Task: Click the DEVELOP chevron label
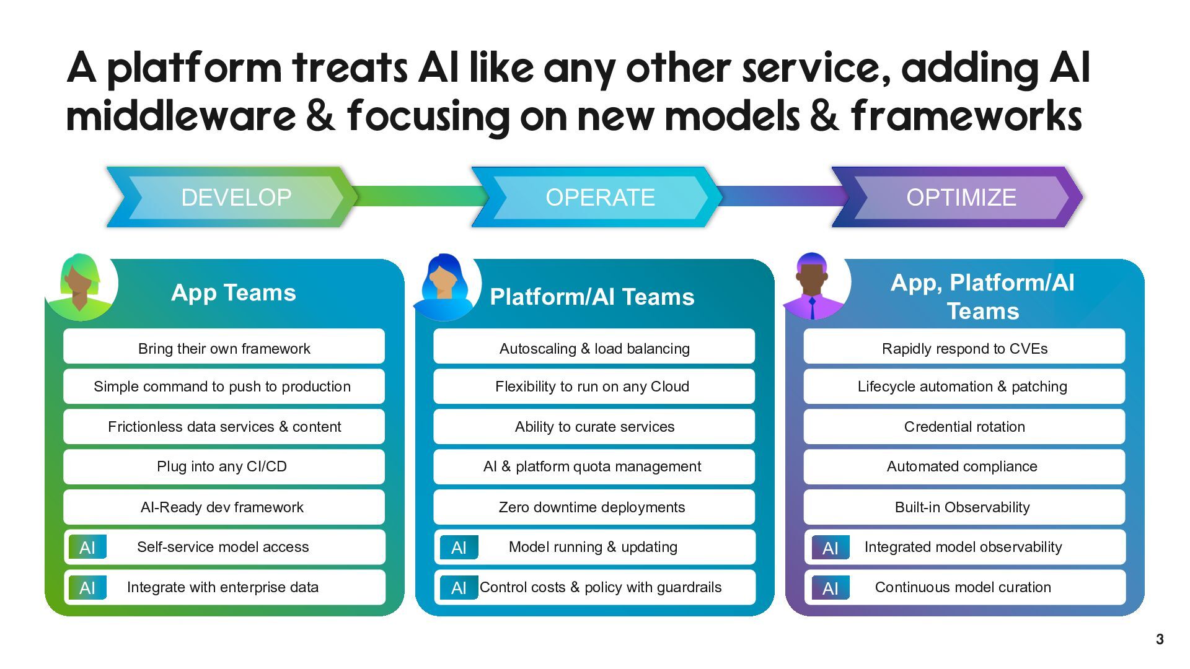(236, 198)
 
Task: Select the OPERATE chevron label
(600, 198)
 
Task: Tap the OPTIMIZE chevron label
(961, 198)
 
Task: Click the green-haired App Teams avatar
(81, 286)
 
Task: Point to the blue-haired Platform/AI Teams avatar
(444, 286)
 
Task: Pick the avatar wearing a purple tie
(813, 286)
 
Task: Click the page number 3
(1160, 639)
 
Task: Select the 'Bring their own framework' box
(224, 348)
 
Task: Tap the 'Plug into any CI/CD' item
(222, 466)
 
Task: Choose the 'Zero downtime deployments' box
(592, 507)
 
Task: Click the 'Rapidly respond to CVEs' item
(964, 348)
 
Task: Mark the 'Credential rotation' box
(964, 427)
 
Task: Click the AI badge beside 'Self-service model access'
(87, 548)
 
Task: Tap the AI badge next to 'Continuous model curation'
(831, 588)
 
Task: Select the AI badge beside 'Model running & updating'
(459, 548)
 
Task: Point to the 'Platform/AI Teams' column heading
(592, 297)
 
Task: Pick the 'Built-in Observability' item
(963, 507)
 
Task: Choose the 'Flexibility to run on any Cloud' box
(592, 387)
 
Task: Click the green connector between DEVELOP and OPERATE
(415, 196)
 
